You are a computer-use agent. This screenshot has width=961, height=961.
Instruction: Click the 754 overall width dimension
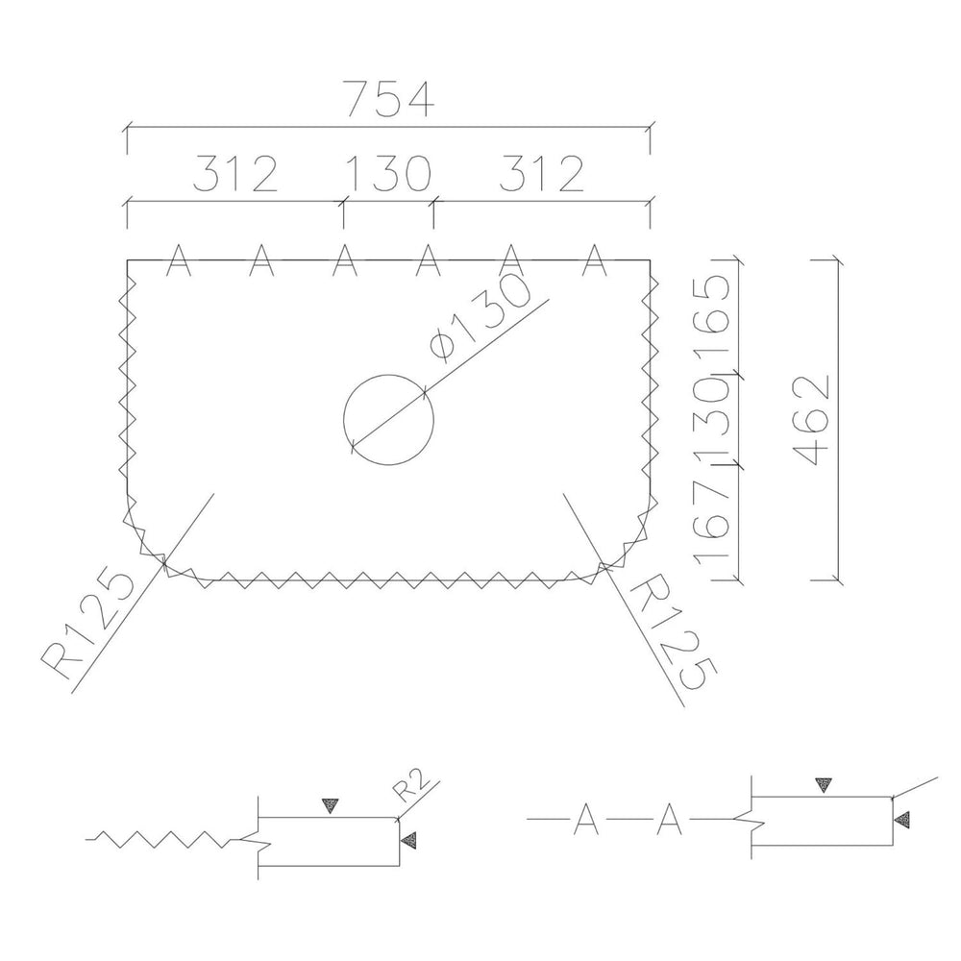tap(391, 99)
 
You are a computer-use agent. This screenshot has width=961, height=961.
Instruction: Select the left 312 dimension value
tap(235, 173)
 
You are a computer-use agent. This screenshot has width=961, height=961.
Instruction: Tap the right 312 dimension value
tap(542, 173)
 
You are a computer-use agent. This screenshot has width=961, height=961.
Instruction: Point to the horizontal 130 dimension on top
tap(388, 173)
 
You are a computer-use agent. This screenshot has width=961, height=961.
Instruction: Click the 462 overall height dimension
tap(811, 420)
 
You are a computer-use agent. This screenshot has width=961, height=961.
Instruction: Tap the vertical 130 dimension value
tap(711, 421)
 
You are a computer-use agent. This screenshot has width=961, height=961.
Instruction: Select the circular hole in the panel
tap(388, 375)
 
